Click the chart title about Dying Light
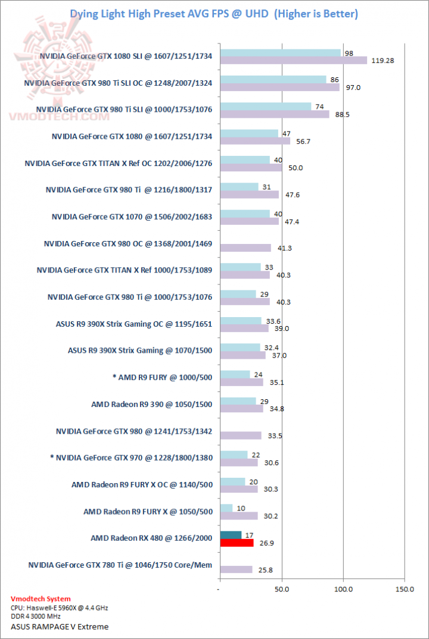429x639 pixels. pyautogui.click(x=214, y=14)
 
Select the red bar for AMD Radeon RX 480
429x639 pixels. pyautogui.click(x=237, y=543)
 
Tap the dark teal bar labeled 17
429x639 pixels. pyautogui.click(x=231, y=535)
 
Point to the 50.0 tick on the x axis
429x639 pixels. pyautogui.click(x=282, y=589)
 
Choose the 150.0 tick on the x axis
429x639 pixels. pyautogui.click(x=405, y=589)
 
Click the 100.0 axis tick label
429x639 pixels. pyautogui.click(x=343, y=589)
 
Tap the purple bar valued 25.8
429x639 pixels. pyautogui.click(x=236, y=569)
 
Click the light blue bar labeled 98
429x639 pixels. pyautogui.click(x=280, y=52)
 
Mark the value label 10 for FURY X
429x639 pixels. pyautogui.click(x=240, y=508)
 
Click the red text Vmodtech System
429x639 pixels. pyautogui.click(x=41, y=599)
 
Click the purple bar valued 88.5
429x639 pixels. pyautogui.click(x=274, y=114)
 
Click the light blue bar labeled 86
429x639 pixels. pyautogui.click(x=273, y=79)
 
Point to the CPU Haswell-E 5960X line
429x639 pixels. pyautogui.click(x=60, y=608)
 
